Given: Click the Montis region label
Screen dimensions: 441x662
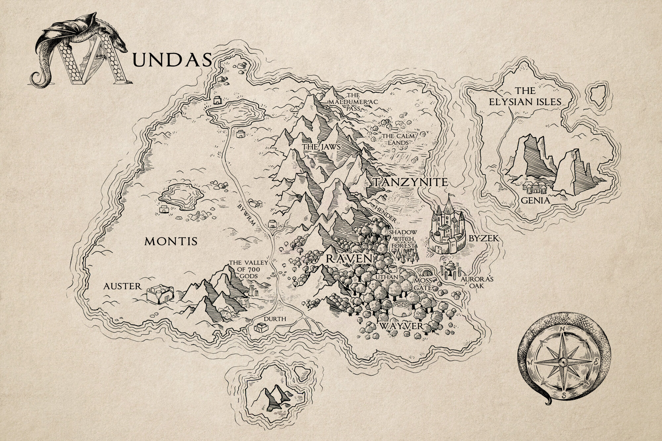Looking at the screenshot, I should pyautogui.click(x=171, y=242).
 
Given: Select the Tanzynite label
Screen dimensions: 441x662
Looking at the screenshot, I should pyautogui.click(x=411, y=182).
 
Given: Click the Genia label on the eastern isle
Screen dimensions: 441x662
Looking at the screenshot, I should pyautogui.click(x=535, y=200).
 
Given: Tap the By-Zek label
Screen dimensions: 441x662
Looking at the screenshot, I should pyautogui.click(x=484, y=238).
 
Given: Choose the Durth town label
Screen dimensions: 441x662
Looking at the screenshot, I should pyautogui.click(x=274, y=319).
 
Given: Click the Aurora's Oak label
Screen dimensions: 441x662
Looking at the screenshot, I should pyautogui.click(x=477, y=282).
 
